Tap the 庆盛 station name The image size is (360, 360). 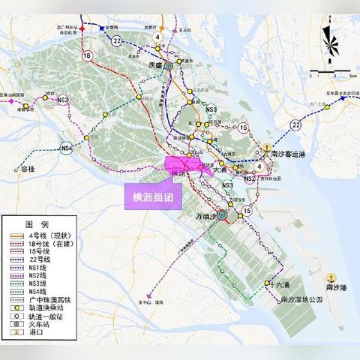click(x=155, y=65)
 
